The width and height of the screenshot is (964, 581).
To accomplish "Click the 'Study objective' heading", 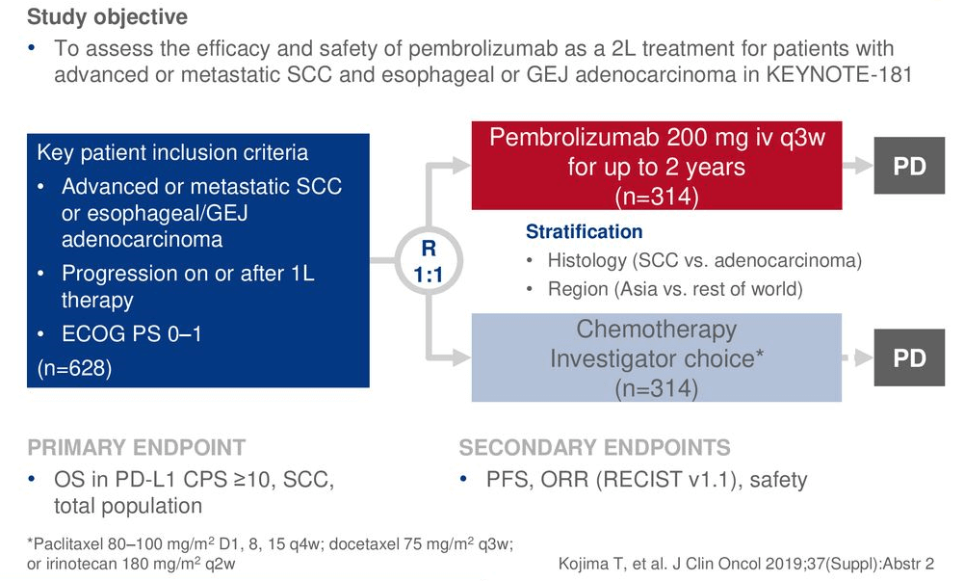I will [107, 17].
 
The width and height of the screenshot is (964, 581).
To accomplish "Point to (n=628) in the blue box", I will [74, 368].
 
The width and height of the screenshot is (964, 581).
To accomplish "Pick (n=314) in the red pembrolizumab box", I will [656, 197].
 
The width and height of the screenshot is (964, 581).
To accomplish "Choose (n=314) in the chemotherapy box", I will [656, 388].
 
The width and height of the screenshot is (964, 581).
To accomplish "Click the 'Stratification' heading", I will [584, 232].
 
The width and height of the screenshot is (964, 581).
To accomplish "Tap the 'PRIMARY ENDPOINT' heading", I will [136, 448].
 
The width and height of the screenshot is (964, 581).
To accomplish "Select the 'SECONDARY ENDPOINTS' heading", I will [594, 448].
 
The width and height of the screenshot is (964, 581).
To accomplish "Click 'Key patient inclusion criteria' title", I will [172, 152].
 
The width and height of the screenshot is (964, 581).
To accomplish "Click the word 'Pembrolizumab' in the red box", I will [562, 137].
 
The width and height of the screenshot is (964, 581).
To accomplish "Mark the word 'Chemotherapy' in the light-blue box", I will [656, 330].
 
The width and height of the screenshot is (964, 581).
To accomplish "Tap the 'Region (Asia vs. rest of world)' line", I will [674, 289].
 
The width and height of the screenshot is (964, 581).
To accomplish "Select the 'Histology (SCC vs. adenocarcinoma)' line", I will [704, 260].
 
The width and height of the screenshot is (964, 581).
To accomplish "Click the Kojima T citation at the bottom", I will [746, 564].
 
